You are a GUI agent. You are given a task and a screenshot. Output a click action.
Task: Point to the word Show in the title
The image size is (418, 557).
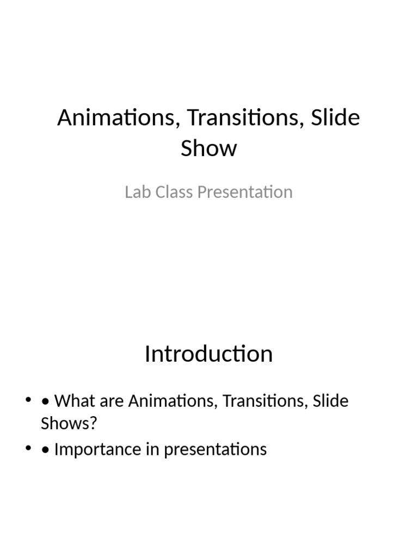tap(209, 148)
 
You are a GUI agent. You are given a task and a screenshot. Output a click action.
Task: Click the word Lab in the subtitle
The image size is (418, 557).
tap(136, 192)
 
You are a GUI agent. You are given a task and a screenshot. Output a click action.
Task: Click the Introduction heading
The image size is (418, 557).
tap(209, 354)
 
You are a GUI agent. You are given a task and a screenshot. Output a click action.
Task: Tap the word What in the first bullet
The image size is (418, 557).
tap(74, 401)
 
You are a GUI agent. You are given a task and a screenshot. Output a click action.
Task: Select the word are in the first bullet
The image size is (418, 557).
tap(112, 401)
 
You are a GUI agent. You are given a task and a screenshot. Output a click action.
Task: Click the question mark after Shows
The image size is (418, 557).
tap(92, 424)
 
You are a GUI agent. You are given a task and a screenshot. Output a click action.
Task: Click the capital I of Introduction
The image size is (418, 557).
tap(147, 354)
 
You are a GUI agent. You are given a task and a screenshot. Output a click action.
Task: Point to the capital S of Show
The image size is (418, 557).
tap(187, 148)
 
